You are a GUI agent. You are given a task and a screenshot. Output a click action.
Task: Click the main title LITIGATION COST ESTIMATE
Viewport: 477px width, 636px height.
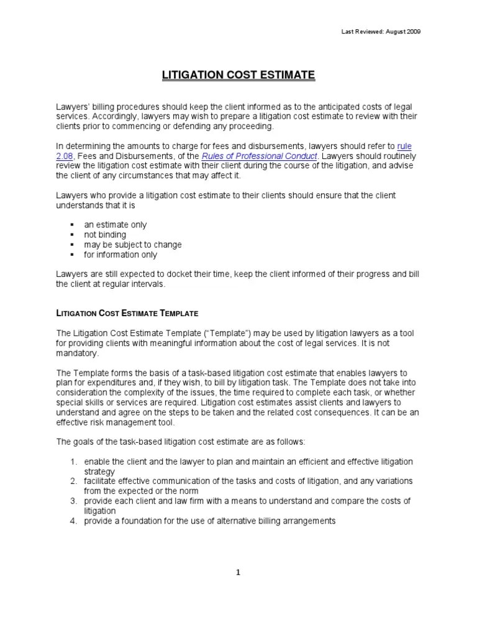pyautogui.click(x=238, y=75)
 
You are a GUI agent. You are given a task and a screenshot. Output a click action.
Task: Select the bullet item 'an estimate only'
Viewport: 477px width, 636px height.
pyautogui.click(x=116, y=225)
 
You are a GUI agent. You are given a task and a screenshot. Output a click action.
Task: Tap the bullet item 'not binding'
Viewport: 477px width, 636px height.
pyautogui.click(x=105, y=235)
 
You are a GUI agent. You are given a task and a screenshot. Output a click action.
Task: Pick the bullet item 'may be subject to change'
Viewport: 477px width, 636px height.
pyautogui.click(x=133, y=245)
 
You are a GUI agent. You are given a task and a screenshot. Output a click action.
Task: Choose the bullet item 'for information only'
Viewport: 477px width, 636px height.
pyautogui.click(x=120, y=255)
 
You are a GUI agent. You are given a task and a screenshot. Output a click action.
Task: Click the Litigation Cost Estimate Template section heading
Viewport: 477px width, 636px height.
pyautogui.click(x=127, y=314)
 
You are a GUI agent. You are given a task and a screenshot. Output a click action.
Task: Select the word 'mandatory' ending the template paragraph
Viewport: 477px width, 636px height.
pyautogui.click(x=78, y=353)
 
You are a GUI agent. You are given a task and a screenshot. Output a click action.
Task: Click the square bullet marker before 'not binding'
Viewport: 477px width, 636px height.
pyautogui.click(x=72, y=235)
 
